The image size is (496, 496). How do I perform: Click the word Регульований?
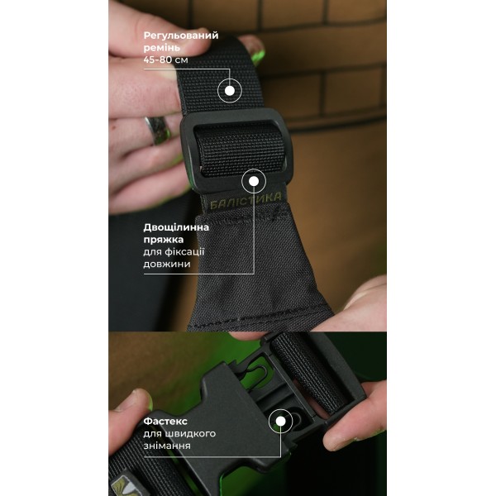pyautogui.click(x=181, y=36)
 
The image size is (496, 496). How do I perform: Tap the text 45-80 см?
pyautogui.click(x=166, y=60)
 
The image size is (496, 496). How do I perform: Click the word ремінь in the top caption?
pyautogui.click(x=162, y=48)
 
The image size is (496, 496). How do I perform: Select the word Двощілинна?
pyautogui.click(x=176, y=227)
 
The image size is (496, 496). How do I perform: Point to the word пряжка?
pyautogui.click(x=164, y=240)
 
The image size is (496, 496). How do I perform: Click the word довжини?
pyautogui.click(x=167, y=265)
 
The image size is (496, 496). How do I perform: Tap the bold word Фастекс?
pyautogui.click(x=165, y=422)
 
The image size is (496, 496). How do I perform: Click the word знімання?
pyautogui.click(x=167, y=446)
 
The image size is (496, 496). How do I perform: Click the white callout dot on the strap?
pyautogui.click(x=230, y=91)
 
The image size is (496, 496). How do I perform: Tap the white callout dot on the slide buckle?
pyautogui.click(x=254, y=181)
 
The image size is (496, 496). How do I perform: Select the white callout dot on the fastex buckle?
pyautogui.click(x=280, y=421)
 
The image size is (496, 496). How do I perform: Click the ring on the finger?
pyautogui.click(x=158, y=130)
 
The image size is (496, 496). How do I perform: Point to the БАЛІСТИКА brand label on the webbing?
pyautogui.click(x=246, y=201)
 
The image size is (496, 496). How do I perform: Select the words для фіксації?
pyautogui.click(x=174, y=252)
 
